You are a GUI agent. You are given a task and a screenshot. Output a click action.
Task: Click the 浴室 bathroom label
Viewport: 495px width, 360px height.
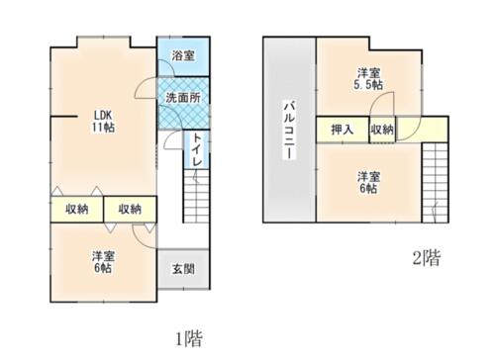[x=183, y=55]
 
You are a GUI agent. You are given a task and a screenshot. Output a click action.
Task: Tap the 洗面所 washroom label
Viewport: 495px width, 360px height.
[x=183, y=98]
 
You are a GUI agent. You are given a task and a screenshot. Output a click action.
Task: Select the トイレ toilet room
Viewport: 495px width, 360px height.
[x=197, y=149]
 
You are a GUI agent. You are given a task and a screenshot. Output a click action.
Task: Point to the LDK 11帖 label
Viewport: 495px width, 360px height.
[x=103, y=122]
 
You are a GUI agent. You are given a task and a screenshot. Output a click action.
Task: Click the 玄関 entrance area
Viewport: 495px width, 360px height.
[x=183, y=269]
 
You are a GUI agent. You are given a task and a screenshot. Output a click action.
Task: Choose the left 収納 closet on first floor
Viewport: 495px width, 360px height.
[x=77, y=209]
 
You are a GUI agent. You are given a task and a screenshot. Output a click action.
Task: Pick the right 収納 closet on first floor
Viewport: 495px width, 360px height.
[x=130, y=209]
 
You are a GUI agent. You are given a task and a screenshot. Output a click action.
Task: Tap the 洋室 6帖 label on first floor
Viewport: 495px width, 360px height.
[x=103, y=262]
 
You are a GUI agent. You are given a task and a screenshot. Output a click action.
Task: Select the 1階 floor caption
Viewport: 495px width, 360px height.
[x=188, y=338]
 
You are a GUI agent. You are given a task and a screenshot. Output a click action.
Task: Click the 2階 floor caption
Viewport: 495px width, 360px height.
[x=427, y=258]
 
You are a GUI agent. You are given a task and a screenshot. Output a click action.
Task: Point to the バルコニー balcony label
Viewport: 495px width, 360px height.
[x=289, y=131]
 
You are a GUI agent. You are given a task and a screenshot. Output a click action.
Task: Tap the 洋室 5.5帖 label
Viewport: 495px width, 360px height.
[x=368, y=79]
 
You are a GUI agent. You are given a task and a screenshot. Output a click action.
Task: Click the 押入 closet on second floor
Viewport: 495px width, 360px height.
[x=343, y=130]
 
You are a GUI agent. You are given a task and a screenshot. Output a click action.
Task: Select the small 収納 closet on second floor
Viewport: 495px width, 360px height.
[x=382, y=130]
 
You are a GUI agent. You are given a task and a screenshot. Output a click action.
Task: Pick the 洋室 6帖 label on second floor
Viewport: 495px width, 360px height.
[x=368, y=182]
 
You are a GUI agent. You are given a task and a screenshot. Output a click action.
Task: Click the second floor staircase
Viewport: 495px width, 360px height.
[x=435, y=183]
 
